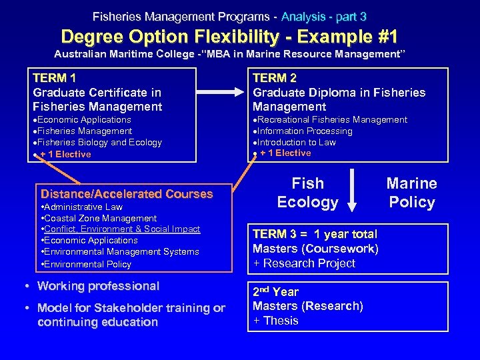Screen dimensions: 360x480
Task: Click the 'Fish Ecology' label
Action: coord(308,193)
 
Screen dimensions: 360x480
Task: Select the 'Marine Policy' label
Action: coord(411,193)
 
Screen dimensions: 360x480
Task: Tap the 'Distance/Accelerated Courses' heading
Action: coord(127,194)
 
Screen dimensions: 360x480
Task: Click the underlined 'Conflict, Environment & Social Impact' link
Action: coord(122,229)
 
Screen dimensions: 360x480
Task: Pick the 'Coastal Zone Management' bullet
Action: coord(100,218)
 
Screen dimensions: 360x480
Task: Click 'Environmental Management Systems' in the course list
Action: coord(122,252)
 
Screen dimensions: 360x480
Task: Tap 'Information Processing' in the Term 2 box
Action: coord(305,131)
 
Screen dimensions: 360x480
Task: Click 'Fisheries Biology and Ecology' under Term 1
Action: coord(101,143)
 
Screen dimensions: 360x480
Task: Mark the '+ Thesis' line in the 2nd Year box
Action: coord(275,321)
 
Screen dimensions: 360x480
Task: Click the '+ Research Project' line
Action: coord(304,263)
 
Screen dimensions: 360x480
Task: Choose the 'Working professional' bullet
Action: coord(98,286)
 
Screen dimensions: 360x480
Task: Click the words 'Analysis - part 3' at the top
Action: coord(323,16)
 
